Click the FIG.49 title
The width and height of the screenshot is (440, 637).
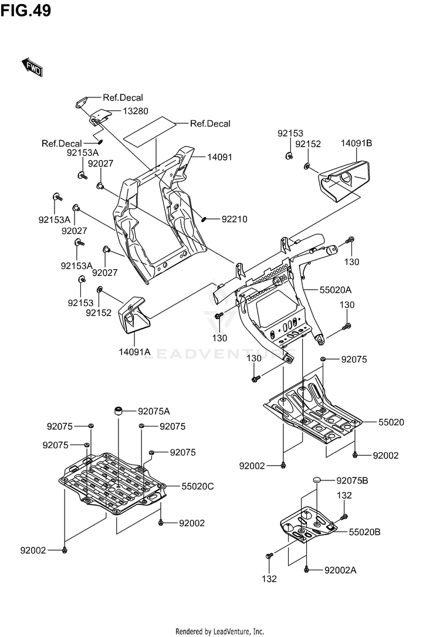pyautogui.click(x=26, y=11)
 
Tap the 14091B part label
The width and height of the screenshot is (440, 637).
pyautogui.click(x=357, y=143)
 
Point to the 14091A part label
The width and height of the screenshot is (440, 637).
pyautogui.click(x=135, y=352)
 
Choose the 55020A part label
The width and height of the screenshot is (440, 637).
pyautogui.click(x=335, y=290)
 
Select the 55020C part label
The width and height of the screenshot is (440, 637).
pyautogui.click(x=197, y=486)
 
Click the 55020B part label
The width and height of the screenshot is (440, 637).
pyautogui.click(x=365, y=532)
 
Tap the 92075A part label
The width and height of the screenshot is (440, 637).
pyautogui.click(x=154, y=411)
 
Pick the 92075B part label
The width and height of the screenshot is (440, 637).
pyautogui.click(x=352, y=480)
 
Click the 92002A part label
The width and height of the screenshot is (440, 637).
pyautogui.click(x=340, y=570)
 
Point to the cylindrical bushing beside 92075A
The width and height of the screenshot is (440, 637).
pyautogui.click(x=118, y=409)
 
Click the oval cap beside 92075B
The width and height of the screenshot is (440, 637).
pyautogui.click(x=318, y=480)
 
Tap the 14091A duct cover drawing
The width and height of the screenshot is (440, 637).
pyautogui.click(x=133, y=314)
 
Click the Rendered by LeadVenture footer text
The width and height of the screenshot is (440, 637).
pyautogui.click(x=220, y=631)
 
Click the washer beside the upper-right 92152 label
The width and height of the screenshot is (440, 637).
pyautogui.click(x=307, y=167)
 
